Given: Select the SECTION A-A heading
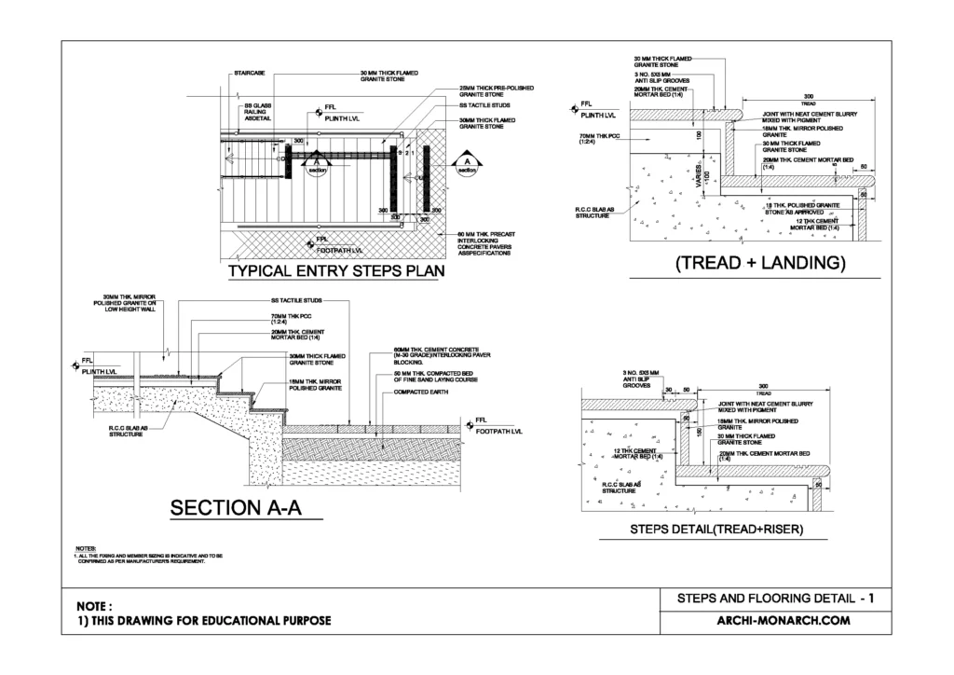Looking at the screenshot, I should point(244,508).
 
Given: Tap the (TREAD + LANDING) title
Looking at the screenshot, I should point(759,263).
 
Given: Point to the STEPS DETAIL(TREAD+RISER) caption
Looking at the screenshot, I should point(716,531).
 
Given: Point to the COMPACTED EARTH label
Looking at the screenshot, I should point(419,393).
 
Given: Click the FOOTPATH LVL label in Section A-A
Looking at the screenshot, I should point(499,433).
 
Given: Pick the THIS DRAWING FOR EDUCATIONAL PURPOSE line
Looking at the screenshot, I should point(202,622).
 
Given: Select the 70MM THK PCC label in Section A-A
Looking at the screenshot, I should point(285,321).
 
